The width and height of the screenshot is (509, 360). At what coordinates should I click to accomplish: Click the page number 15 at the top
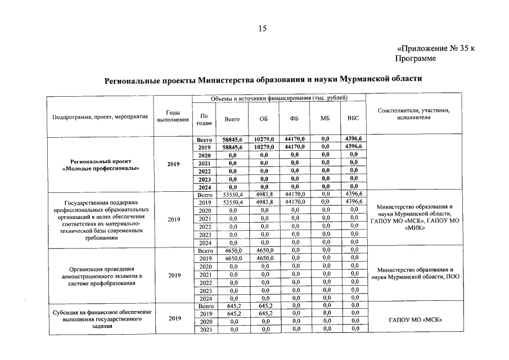[x=262, y=29]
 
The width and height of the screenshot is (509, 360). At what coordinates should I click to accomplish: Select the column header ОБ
[x=264, y=119]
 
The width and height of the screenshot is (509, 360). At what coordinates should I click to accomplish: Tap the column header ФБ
[x=294, y=119]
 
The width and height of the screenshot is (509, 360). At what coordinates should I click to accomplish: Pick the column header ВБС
[x=353, y=119]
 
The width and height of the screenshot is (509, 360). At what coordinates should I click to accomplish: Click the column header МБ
[x=325, y=119]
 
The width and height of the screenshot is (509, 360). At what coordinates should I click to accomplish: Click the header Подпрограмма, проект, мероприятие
[x=100, y=116]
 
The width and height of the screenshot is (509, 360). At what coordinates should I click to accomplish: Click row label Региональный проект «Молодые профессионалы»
[x=101, y=164]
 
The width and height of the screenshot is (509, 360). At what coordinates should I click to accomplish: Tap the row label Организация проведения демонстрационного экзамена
[x=101, y=276]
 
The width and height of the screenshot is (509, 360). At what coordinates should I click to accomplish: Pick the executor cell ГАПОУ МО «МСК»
[x=414, y=321]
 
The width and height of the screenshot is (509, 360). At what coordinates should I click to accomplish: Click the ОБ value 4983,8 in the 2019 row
[x=264, y=202]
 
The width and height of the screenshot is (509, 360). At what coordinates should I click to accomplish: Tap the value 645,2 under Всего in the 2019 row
[x=233, y=313]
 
